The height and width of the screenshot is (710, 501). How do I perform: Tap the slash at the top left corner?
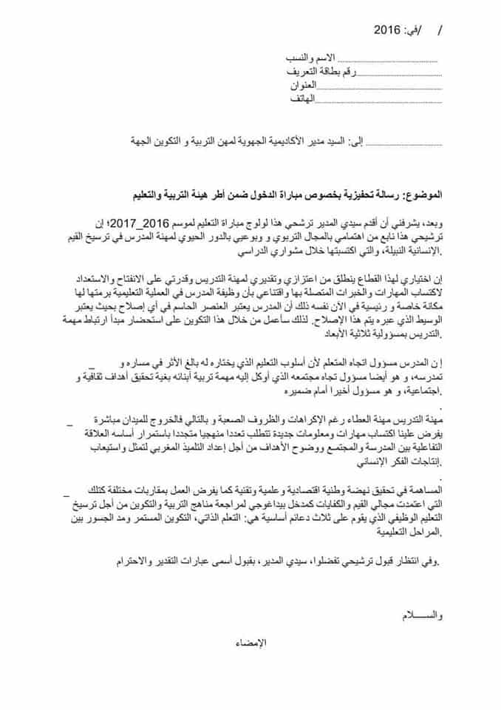coord(441,31)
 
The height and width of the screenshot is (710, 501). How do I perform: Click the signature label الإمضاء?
coord(251,643)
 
